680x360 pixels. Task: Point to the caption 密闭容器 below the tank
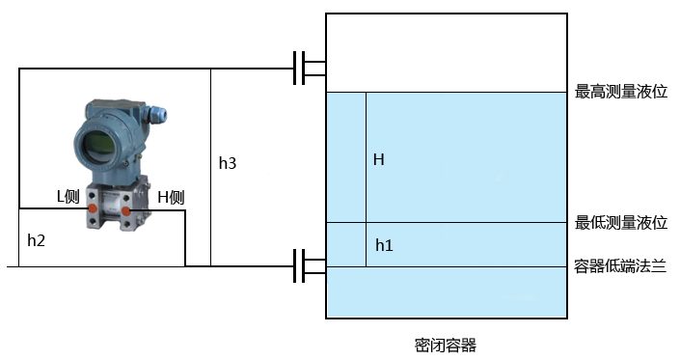(x=445, y=344)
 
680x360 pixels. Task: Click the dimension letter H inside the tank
(x=379, y=159)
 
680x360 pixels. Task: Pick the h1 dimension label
(x=383, y=245)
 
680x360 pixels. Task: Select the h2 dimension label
(x=37, y=239)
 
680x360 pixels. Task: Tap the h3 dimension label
(x=227, y=164)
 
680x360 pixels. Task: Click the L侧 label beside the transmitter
(x=67, y=196)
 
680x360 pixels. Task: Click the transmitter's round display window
(x=96, y=147)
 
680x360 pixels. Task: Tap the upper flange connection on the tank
(x=312, y=69)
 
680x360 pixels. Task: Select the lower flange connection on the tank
(x=312, y=266)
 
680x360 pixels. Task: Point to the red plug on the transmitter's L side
(x=93, y=208)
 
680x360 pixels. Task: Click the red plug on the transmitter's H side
(x=125, y=209)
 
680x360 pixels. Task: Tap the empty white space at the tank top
(x=444, y=53)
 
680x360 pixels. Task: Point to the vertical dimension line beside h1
(x=366, y=244)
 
